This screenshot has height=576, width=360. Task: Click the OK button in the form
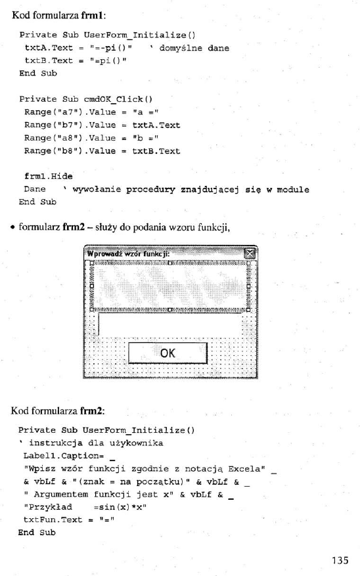168,353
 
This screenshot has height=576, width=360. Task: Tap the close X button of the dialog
249,254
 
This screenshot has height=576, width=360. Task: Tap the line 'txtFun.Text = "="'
64,518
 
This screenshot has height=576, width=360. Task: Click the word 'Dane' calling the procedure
35,189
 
